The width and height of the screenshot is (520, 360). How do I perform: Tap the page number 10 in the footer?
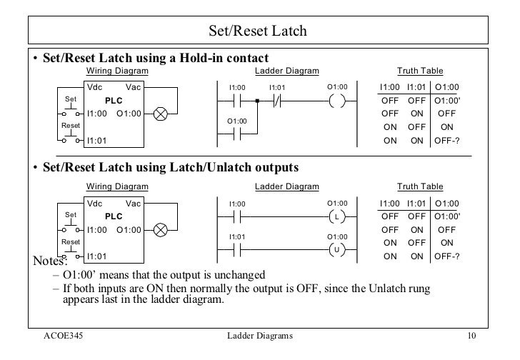471,336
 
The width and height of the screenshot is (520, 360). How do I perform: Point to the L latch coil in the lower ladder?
336,216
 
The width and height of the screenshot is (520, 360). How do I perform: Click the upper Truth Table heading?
419,71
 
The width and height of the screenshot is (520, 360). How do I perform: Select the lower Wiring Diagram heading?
118,187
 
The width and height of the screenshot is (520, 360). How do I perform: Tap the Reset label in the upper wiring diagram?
69,126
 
